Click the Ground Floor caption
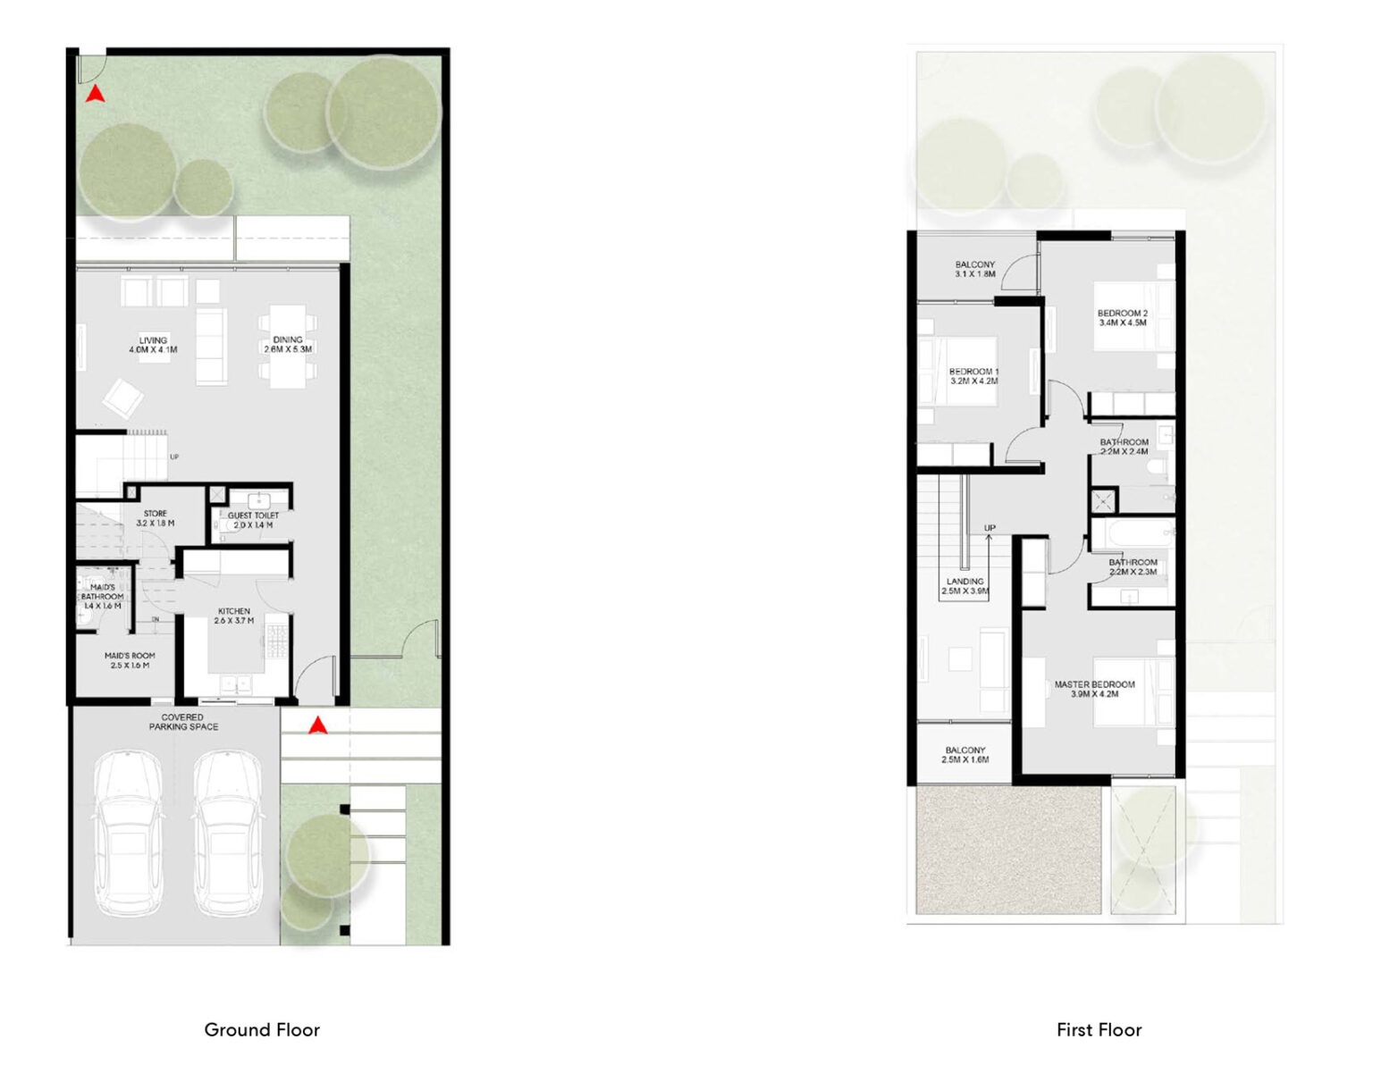(x=262, y=1029)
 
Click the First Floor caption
(x=1099, y=1029)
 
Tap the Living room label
(x=153, y=345)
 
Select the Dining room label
(x=288, y=345)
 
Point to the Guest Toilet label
(x=253, y=520)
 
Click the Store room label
(x=156, y=518)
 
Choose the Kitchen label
(x=234, y=616)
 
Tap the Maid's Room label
(x=130, y=660)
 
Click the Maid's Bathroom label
(x=102, y=597)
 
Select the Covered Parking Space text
(x=183, y=722)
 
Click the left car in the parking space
(x=129, y=833)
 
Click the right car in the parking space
(x=227, y=833)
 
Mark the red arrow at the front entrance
(x=316, y=725)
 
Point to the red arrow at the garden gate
(x=95, y=94)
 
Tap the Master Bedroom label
(x=1094, y=689)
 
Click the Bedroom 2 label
(x=1122, y=318)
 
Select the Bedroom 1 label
(x=973, y=376)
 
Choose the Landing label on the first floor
(x=964, y=586)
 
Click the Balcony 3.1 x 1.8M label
(x=974, y=269)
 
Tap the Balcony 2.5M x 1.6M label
(x=965, y=755)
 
